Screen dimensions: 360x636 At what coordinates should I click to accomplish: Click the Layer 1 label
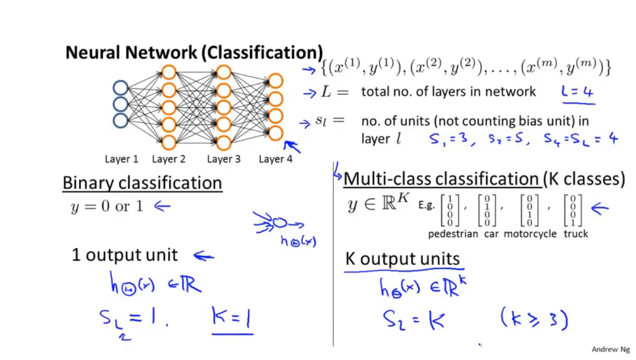point(121,159)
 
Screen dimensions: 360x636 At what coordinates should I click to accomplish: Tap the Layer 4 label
point(275,159)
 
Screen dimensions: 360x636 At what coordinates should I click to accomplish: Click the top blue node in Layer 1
point(121,88)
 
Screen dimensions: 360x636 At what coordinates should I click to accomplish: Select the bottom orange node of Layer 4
point(275,133)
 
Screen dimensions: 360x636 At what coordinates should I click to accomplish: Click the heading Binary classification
point(142,183)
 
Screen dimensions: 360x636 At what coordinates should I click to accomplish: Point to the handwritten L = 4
point(578,92)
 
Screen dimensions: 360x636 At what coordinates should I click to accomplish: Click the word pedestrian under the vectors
point(453,234)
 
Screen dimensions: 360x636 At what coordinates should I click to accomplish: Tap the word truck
point(576,234)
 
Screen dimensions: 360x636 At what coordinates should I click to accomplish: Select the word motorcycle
point(530,234)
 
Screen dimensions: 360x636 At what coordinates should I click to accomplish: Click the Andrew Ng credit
point(610,349)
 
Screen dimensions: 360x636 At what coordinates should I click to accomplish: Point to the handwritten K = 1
point(232,318)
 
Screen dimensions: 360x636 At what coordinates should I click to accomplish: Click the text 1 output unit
point(125,255)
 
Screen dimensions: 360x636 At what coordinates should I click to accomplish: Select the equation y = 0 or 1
point(107,206)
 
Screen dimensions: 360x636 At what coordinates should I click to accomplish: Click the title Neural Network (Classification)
point(194,53)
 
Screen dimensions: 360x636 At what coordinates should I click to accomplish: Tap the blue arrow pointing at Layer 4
point(292,146)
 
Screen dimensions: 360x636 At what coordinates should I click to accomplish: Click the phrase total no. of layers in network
point(448,92)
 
